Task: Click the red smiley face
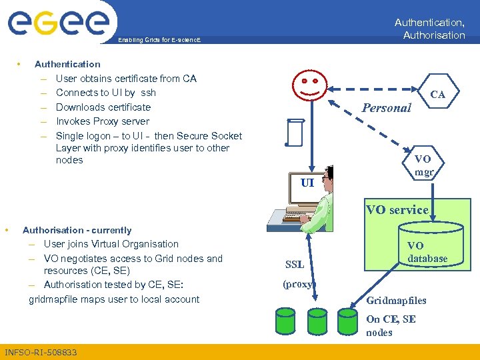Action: pos(311,86)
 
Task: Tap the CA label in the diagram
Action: pos(437,95)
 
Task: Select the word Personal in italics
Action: pos(386,107)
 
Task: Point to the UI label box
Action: pos(307,181)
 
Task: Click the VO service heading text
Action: pos(397,210)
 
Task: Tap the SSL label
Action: pos(295,265)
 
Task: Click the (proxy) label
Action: pos(297,284)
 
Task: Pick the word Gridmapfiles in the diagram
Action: pos(396,301)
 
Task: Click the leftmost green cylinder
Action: pos(285,321)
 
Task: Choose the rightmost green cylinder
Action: pos(347,321)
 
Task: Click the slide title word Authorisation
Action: pos(433,35)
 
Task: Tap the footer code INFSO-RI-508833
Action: pos(41,352)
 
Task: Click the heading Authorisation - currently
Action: pos(77,230)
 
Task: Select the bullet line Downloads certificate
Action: pos(103,107)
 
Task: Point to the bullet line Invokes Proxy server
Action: pos(103,121)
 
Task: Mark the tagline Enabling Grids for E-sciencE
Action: pos(159,41)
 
